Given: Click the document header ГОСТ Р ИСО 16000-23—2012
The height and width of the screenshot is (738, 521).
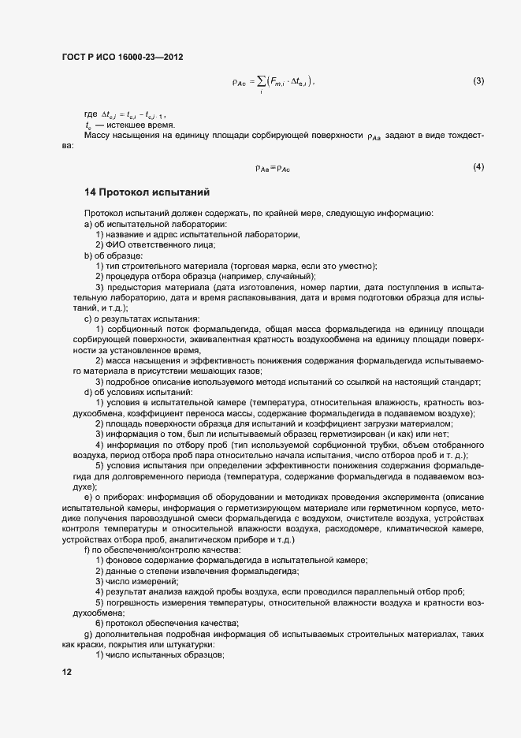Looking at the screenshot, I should (123, 57).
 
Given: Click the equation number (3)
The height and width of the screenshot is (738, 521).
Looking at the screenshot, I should (478, 80).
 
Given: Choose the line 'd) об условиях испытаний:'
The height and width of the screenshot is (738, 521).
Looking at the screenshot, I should (132, 392).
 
